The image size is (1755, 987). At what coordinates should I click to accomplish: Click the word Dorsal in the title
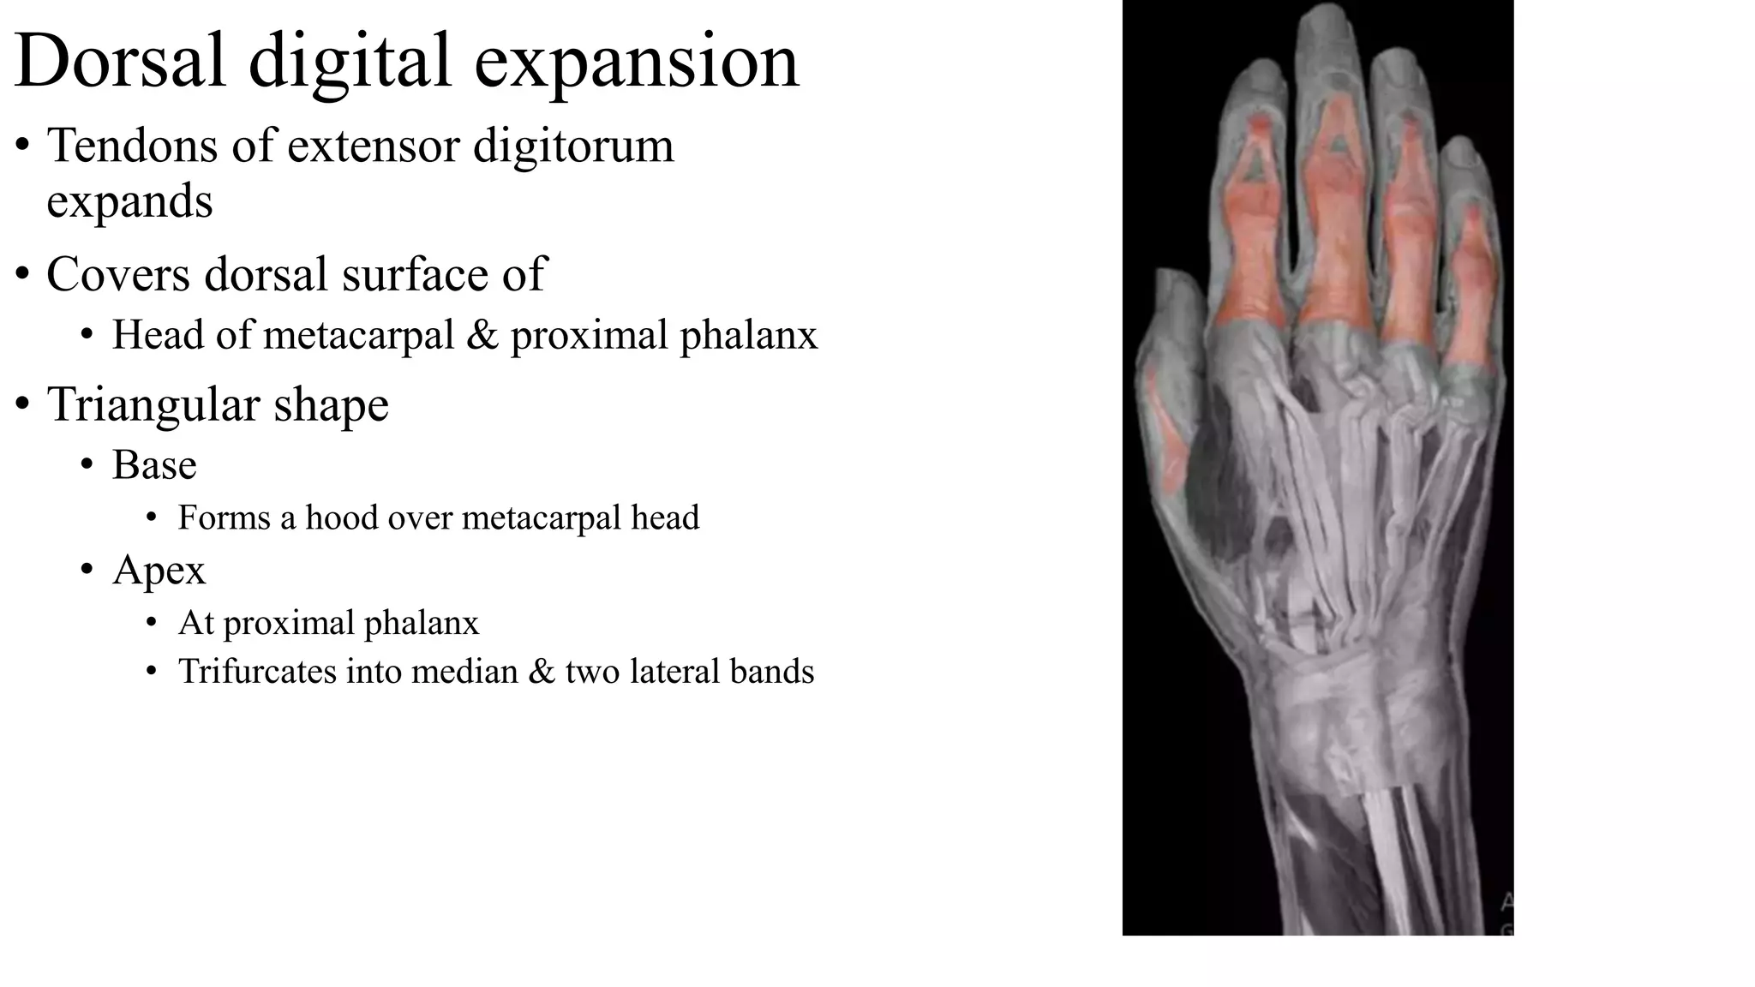(121, 62)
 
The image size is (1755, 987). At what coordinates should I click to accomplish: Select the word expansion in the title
(637, 62)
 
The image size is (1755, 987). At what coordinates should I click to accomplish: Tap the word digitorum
(573, 146)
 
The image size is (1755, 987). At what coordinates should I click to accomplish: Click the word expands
(129, 202)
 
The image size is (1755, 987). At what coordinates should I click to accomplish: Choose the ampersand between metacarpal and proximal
(482, 335)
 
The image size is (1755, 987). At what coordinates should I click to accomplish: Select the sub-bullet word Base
(154, 465)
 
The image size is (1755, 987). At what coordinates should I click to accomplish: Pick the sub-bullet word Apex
(159, 571)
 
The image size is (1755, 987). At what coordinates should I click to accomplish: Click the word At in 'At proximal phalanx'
(196, 623)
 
